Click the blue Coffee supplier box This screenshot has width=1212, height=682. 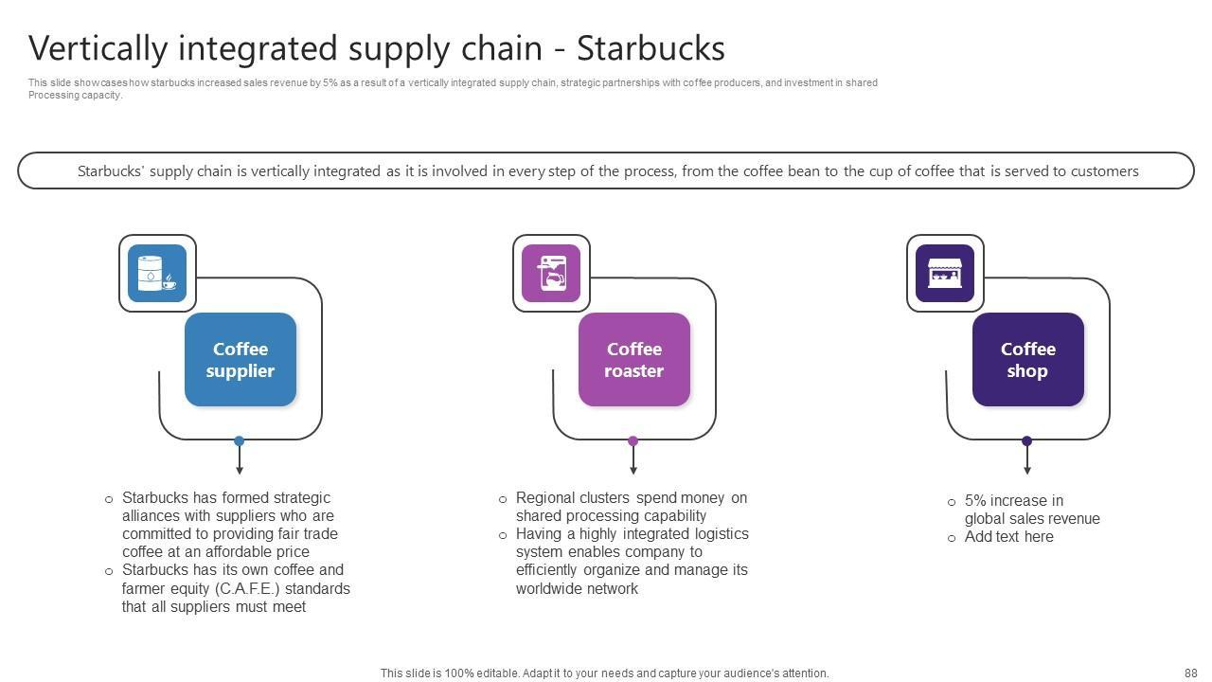[241, 360]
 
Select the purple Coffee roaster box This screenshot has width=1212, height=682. [634, 360]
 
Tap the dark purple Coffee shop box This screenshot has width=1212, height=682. [1027, 360]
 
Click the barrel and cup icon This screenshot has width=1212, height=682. [157, 273]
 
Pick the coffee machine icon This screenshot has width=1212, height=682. [551, 273]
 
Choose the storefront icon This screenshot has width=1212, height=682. [945, 273]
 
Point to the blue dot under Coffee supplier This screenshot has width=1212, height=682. [240, 441]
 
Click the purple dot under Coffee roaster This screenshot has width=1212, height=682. [633, 441]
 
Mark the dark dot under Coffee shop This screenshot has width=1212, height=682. [1027, 441]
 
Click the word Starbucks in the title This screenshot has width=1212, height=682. [651, 48]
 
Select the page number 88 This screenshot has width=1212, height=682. [1190, 673]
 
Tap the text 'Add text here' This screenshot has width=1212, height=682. [1008, 537]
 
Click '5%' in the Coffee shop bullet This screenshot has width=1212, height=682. [976, 501]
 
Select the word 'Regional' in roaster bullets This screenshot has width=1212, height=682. [545, 498]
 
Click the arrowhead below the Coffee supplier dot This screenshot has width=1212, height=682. [240, 470]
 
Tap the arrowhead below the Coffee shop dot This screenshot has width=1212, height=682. [1027, 470]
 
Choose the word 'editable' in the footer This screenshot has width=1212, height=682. [496, 673]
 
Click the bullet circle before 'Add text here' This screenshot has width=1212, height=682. [952, 538]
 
